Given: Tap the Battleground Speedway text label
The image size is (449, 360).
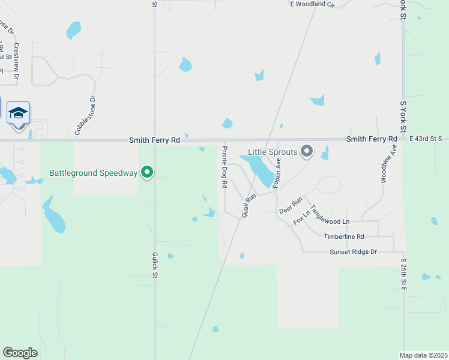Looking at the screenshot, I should point(93,173).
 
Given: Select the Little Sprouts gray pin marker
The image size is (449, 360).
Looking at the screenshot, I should point(307,151).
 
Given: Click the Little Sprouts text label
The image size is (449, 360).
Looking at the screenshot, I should point(273,152).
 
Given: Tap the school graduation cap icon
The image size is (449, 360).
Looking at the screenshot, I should point(18,112).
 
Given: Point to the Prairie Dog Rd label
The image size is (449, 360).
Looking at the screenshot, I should point(224,167).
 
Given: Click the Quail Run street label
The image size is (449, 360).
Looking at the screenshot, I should point(250,204).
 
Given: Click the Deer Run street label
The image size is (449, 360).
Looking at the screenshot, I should point(291,206).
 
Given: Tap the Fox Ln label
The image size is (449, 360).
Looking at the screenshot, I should point(301,217).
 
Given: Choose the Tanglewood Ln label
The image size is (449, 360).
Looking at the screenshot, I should point(330,221).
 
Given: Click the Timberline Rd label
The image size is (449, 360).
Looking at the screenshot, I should point(344,237).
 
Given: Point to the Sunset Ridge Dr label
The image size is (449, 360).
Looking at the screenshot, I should point(353,252).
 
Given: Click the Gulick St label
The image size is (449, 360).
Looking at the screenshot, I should point(154,264).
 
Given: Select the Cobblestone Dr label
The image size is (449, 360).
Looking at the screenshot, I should point(85,116).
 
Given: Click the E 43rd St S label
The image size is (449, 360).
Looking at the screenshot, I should point(426,139).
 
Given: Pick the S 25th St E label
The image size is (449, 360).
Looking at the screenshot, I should point(404,275).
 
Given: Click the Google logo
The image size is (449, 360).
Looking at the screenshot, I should point(20,353).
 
